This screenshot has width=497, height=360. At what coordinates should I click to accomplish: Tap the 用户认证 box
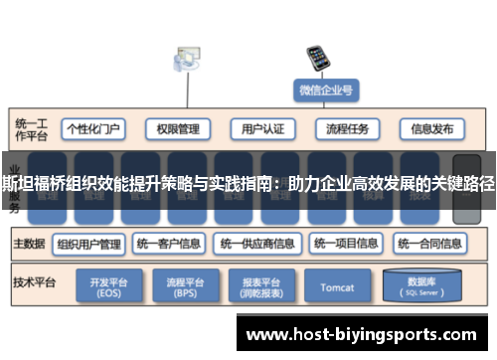click(x=262, y=129)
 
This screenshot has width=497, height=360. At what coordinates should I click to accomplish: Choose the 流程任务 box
click(x=347, y=129)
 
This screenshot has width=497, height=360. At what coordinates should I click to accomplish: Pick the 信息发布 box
click(x=432, y=129)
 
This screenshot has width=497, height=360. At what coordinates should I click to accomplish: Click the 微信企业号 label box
click(x=326, y=90)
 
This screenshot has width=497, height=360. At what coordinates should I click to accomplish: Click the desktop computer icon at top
click(x=185, y=60)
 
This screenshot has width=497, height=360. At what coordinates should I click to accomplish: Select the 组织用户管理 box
click(x=89, y=243)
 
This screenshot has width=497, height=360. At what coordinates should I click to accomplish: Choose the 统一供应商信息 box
click(x=257, y=243)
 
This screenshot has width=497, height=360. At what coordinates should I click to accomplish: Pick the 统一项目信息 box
click(x=346, y=243)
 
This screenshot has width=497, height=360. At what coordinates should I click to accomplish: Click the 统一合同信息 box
click(x=431, y=243)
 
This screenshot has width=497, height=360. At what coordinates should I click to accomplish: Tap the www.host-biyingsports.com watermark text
click(x=367, y=334)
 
